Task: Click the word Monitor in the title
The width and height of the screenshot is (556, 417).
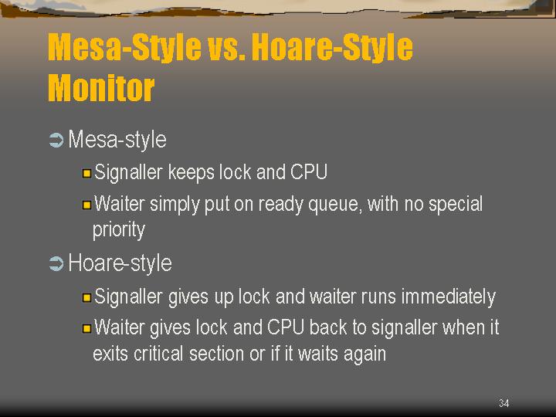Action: pos(101,87)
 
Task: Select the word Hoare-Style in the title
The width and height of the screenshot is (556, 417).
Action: pos(332,47)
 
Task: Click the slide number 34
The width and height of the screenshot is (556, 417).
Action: pos(503,403)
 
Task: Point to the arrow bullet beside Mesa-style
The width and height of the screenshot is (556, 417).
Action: pos(56,140)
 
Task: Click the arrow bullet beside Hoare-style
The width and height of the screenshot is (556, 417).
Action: pos(56,264)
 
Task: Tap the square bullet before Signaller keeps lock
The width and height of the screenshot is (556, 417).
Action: pos(86,174)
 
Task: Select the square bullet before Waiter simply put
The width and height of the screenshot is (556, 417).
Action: pos(86,205)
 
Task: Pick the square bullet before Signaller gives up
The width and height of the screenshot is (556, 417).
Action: pos(86,297)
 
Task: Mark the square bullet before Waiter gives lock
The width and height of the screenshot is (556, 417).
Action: pos(86,328)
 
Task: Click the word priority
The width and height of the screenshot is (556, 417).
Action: pos(119,230)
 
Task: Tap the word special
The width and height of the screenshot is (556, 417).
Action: pos(456,205)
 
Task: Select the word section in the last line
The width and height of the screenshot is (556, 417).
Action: pos(216,354)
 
